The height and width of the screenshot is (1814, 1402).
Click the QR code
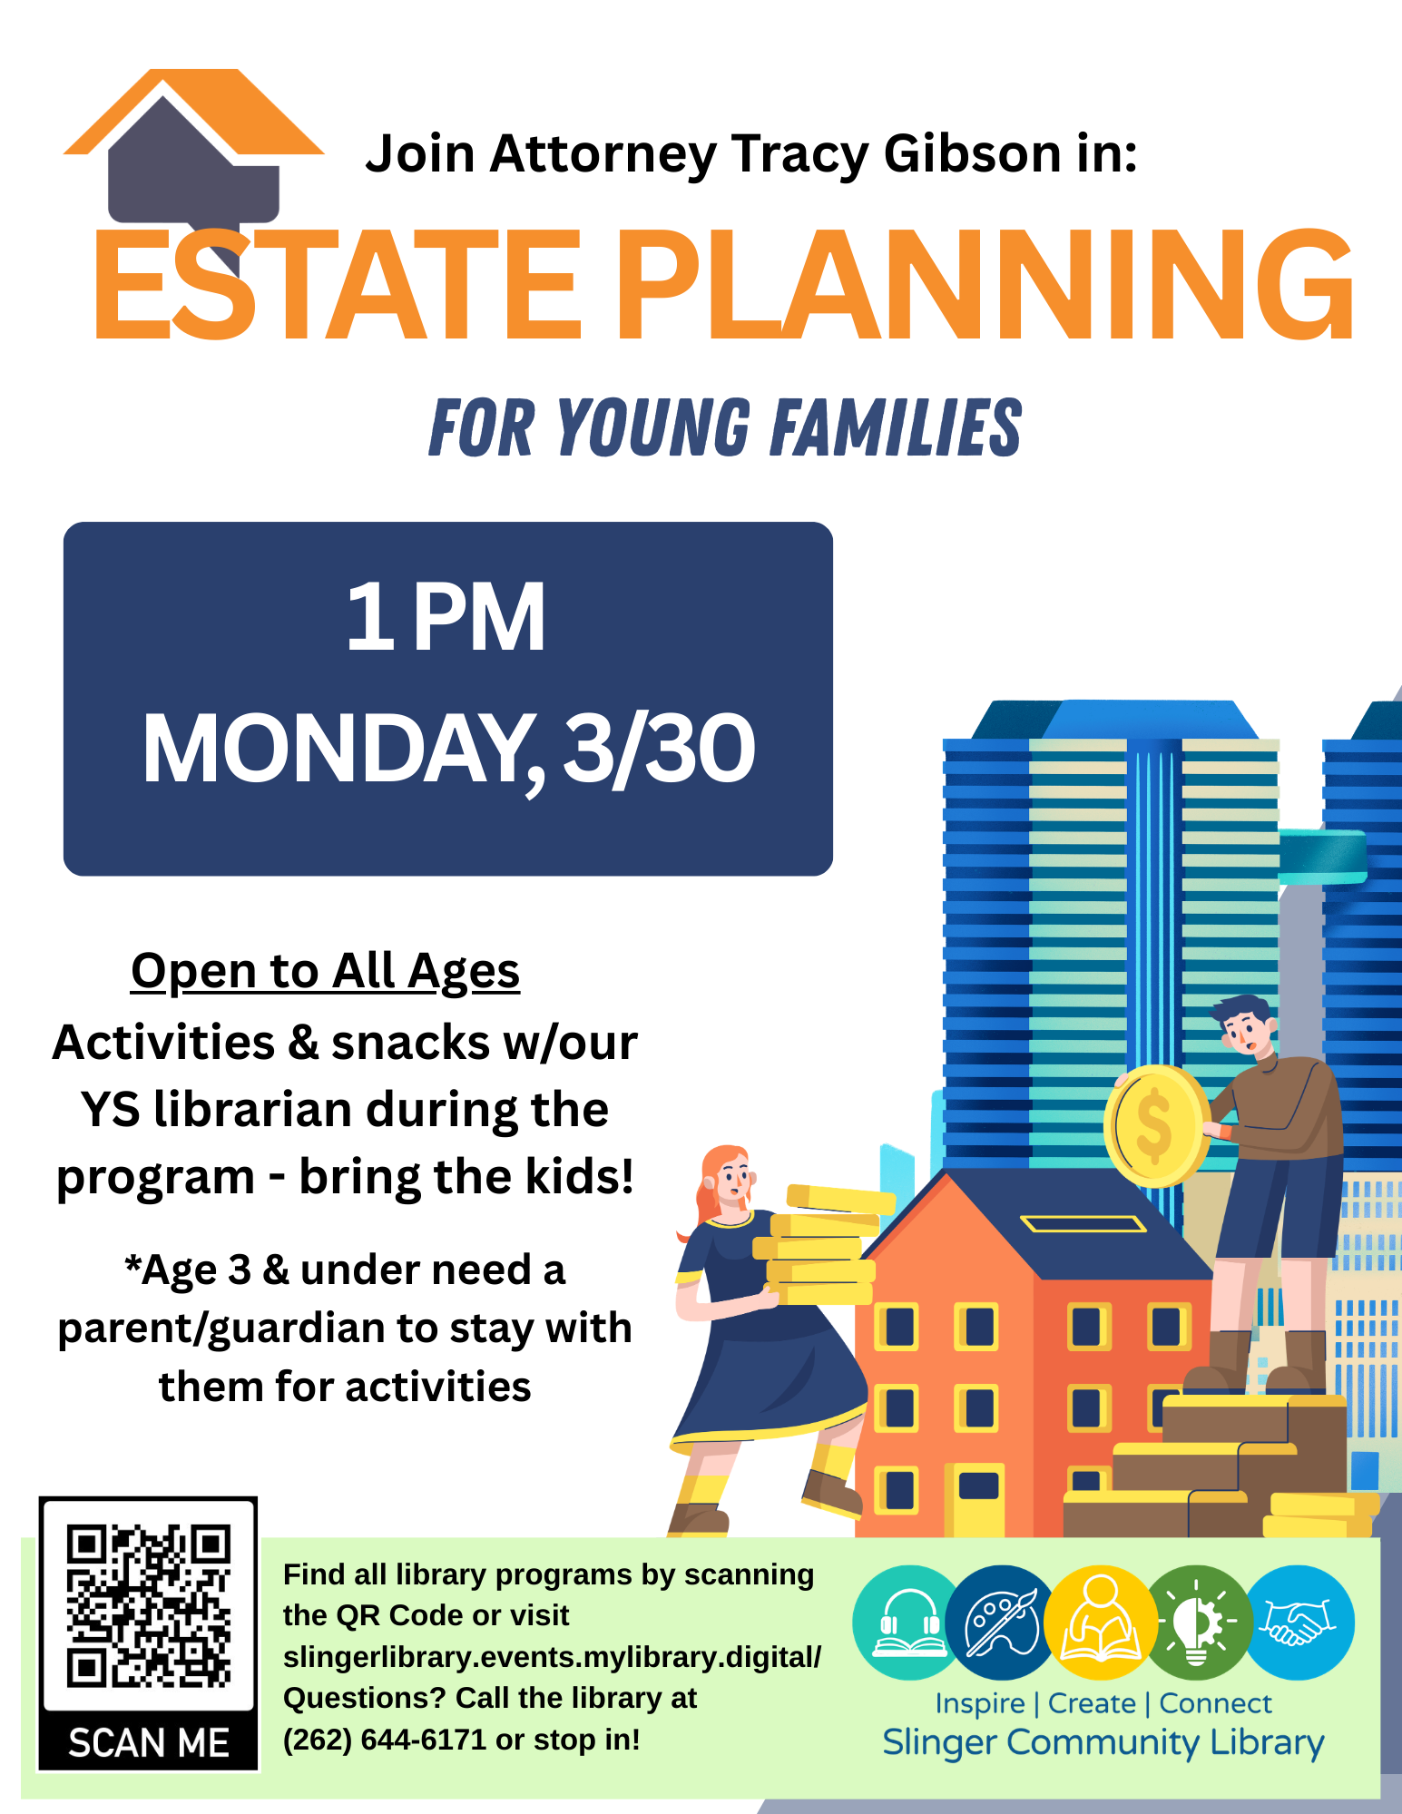[149, 1607]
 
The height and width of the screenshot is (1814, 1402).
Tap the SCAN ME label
[149, 1743]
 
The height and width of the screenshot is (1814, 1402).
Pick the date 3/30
[659, 749]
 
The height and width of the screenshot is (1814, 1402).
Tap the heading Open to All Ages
[326, 972]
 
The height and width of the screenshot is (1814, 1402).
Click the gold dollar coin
[1154, 1126]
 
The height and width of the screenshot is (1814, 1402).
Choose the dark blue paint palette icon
[1002, 1623]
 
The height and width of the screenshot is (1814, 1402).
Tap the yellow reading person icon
[1100, 1623]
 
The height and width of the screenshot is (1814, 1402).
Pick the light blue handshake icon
[1299, 1623]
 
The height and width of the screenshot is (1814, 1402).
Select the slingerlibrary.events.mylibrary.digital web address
[552, 1657]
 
